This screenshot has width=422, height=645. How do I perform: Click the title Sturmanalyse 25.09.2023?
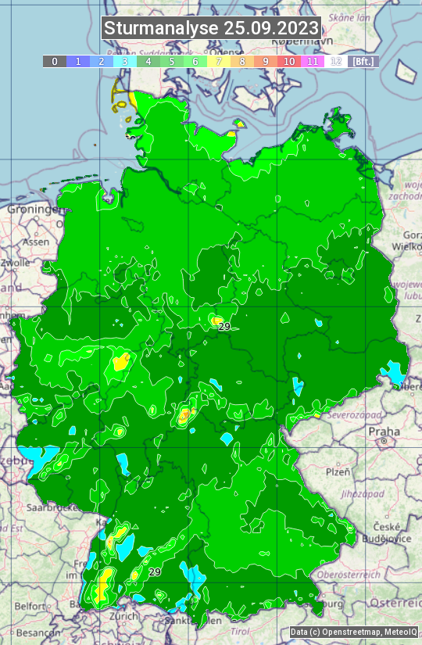pos(211,28)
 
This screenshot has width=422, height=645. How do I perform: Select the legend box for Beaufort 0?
pos(55,61)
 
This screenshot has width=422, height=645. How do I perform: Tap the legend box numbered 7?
pos(219,61)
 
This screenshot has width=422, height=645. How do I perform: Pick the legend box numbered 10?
pos(289,61)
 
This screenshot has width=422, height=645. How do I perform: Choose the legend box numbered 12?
pos(336,61)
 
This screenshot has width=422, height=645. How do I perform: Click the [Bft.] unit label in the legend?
pos(363,61)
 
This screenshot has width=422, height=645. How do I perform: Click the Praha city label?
pos(384,431)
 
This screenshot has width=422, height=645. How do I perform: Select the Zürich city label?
pos(124,616)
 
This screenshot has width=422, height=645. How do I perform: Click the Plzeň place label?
pos(338,471)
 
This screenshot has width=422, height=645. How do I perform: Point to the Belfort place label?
pos(30,606)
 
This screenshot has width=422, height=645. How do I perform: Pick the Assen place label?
pos(35,242)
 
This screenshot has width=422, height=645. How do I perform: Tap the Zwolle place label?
pos(16,263)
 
